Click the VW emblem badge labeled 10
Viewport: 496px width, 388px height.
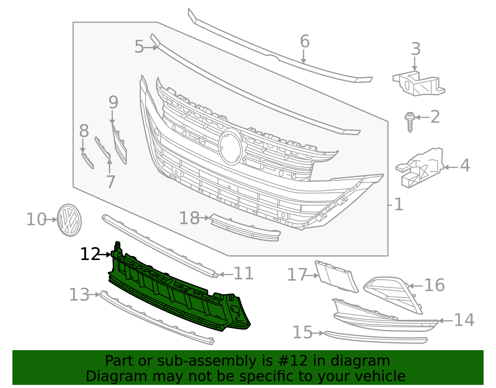[x=69, y=220]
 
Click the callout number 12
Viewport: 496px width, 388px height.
[x=90, y=254]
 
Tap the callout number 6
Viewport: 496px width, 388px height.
[x=305, y=41]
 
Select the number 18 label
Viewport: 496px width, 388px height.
[x=189, y=218]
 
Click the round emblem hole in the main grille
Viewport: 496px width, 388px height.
[x=230, y=147]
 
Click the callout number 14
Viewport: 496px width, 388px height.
[x=464, y=320]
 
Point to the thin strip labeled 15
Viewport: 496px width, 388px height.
[x=375, y=338]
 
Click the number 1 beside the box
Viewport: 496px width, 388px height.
[x=399, y=205]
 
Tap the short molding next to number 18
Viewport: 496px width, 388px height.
[x=245, y=228]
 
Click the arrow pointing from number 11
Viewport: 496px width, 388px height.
[x=226, y=274]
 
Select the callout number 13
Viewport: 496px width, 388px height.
[x=79, y=294]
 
